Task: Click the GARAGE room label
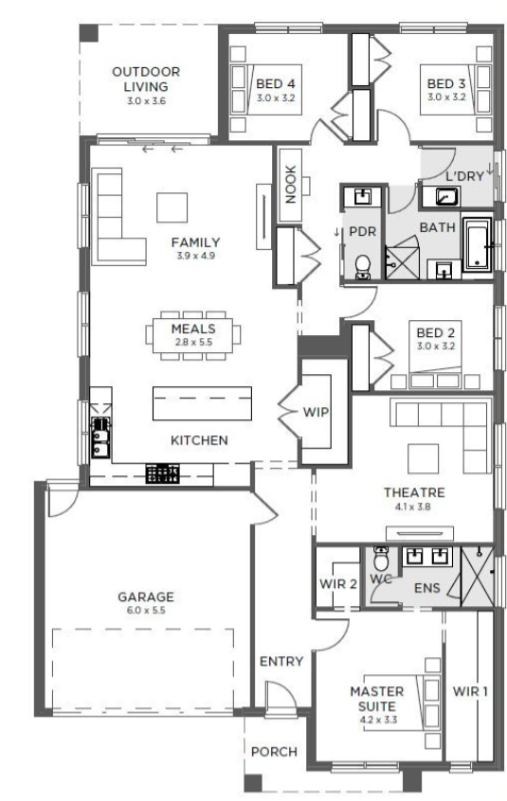point(146,596)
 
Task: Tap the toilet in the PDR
point(363,267)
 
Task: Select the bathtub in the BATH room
point(478,244)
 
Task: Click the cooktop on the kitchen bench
point(163,473)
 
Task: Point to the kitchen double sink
point(100,436)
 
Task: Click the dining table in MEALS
point(192,334)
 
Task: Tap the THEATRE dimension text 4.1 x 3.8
point(412,507)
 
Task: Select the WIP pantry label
point(316,412)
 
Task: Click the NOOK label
point(291,185)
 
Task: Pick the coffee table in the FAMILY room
point(172,207)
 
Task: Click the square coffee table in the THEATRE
point(423,459)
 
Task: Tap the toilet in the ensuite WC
point(381,559)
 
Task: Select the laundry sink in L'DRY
point(441,197)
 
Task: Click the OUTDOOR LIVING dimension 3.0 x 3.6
point(146,100)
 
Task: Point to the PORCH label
point(274,752)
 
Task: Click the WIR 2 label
point(337,583)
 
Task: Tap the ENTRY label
point(281,661)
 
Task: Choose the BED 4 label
point(276,83)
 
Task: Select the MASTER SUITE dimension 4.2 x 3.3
point(378,720)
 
